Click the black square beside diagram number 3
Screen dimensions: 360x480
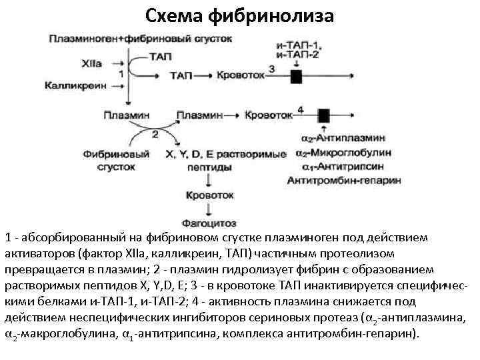296,76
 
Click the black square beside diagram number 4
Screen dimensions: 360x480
324,115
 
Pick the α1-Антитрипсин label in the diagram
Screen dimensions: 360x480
337,167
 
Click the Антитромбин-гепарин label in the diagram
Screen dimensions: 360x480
345,179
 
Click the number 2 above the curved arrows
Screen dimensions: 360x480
155,134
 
